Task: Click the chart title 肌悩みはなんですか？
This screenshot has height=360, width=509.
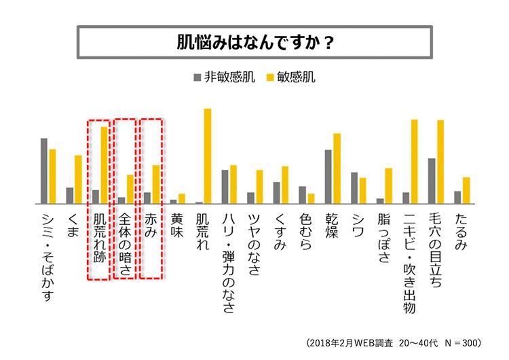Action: click(x=254, y=41)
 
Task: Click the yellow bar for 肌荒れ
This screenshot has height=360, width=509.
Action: click(x=208, y=156)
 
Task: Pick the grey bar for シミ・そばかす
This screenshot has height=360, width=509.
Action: click(x=44, y=171)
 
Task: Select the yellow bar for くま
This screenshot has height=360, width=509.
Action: click(x=78, y=179)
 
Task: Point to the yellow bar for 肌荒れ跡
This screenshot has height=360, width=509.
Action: click(x=104, y=165)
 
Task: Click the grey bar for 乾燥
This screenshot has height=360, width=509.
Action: click(x=328, y=177)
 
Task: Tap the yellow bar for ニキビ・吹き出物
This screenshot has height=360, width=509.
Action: click(x=414, y=162)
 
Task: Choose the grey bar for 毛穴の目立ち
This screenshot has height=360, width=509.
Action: click(x=432, y=181)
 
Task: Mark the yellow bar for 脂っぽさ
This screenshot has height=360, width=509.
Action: click(x=389, y=185)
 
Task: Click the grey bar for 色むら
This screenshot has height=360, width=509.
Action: click(x=303, y=195)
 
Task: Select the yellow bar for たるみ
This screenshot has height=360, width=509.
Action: click(x=466, y=190)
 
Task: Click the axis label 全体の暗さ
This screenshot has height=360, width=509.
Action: click(x=125, y=245)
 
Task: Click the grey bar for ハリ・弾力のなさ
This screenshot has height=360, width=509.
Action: click(x=225, y=187)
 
